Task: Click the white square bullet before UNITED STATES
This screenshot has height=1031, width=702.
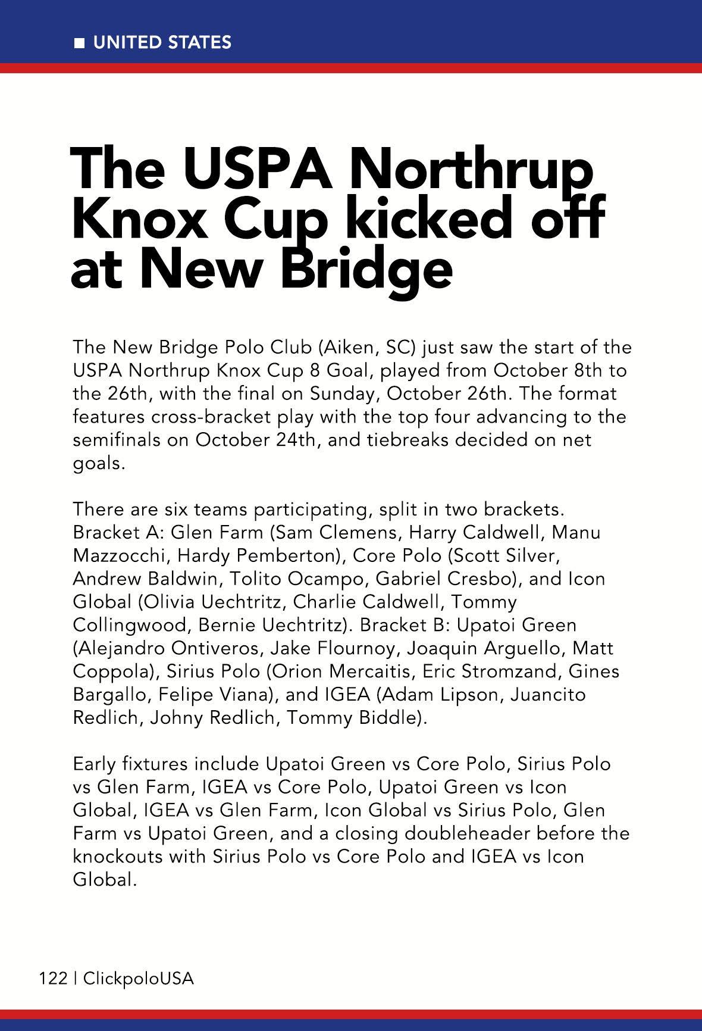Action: [x=79, y=43]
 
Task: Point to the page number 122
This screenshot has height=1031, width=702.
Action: [x=53, y=979]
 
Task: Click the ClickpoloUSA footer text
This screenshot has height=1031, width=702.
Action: [x=139, y=979]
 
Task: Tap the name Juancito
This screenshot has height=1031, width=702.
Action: [x=548, y=695]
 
